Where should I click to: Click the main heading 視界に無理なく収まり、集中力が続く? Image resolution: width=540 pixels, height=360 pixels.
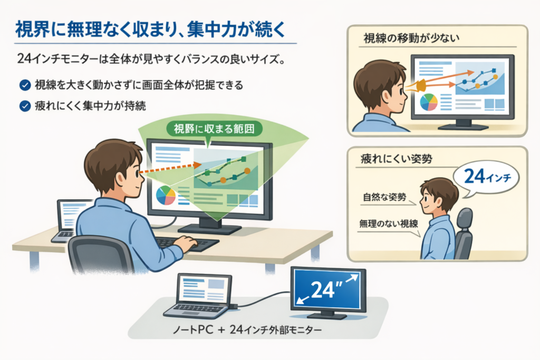(x=150, y=30)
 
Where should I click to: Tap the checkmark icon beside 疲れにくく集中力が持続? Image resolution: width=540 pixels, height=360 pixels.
(x=25, y=106)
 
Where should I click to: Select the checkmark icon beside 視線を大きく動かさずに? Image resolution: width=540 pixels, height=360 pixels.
(x=25, y=85)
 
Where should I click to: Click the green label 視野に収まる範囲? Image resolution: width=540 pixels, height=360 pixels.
(x=214, y=129)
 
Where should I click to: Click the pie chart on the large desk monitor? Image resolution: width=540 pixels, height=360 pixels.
(x=166, y=195)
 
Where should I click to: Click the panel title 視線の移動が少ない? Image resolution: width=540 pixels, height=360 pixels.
(x=411, y=38)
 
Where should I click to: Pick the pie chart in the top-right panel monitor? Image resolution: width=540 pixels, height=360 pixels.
(x=429, y=102)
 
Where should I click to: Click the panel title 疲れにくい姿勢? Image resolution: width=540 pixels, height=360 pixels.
(x=397, y=159)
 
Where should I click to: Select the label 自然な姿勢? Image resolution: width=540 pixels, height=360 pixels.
(x=384, y=197)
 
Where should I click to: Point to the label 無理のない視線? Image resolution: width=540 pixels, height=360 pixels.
(x=389, y=224)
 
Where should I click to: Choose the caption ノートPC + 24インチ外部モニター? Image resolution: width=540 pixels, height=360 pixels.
(x=247, y=330)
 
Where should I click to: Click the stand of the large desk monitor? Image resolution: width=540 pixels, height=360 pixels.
(x=209, y=227)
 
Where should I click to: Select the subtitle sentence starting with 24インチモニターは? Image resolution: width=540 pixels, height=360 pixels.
(x=151, y=59)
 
